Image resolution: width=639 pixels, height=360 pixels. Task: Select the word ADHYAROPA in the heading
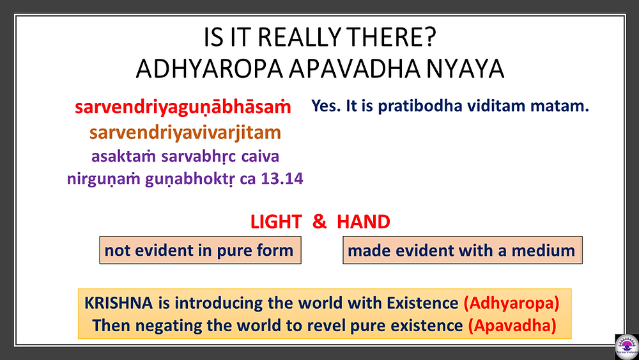(210, 68)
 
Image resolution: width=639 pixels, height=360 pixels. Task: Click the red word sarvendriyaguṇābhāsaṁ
(183, 107)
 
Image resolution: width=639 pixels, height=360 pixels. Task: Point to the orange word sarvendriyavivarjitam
(185, 132)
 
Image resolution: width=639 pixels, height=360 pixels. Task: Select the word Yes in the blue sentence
(327, 106)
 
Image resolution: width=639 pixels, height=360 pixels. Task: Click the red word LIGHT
(276, 222)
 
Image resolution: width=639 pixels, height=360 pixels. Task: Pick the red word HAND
(364, 222)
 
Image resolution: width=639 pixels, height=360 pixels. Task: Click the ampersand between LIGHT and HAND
(319, 222)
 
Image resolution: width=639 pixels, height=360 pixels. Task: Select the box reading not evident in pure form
(200, 250)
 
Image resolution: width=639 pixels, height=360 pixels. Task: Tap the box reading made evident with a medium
(463, 250)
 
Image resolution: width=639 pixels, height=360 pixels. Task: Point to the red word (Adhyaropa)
(511, 303)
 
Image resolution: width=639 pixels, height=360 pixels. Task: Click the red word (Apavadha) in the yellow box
(512, 325)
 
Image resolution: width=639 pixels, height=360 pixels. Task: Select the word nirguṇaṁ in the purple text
(104, 179)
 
